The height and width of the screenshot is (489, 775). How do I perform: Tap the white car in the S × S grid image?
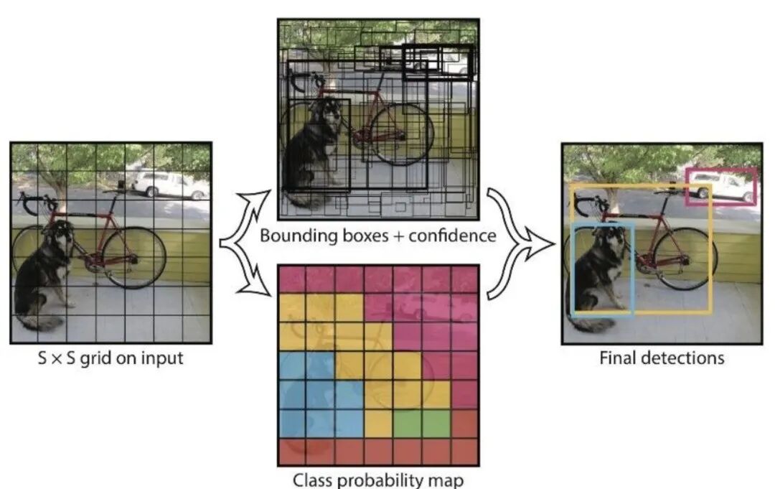[161, 185]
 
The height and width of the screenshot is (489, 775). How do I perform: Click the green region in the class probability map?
[421, 424]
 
